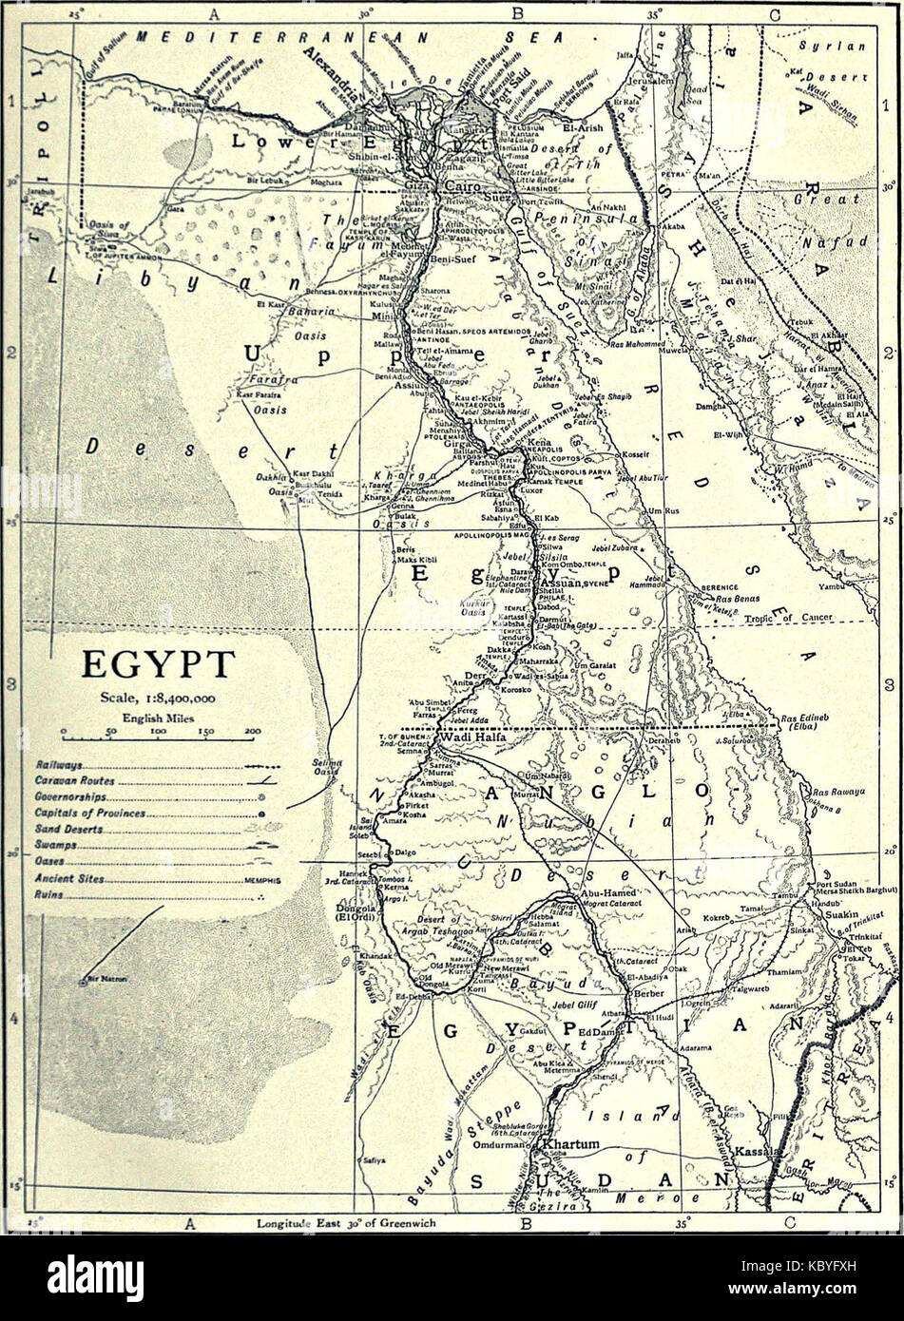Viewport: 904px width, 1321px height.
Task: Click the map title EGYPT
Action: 158,663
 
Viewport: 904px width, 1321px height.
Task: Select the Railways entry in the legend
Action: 59,764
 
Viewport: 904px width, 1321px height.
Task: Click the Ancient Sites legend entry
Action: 69,879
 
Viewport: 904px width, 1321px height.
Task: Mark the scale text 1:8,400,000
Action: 158,699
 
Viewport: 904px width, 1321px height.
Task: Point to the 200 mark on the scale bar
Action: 252,732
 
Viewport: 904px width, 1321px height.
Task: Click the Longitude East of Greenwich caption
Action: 346,1224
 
